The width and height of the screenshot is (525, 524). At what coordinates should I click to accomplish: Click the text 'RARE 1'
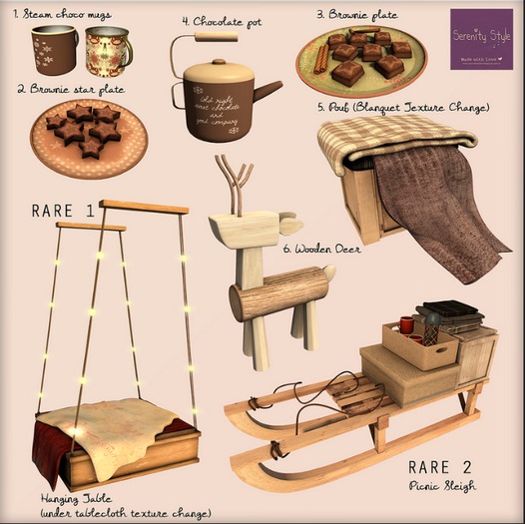pos(63,211)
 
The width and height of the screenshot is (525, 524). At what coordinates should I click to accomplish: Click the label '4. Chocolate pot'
pos(222,20)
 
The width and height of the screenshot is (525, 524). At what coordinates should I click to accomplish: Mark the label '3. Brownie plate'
pos(356,15)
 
